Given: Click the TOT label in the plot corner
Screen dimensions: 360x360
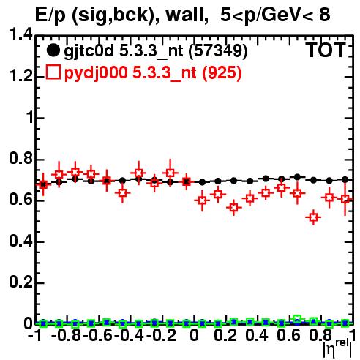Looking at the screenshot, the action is pyautogui.click(x=326, y=50).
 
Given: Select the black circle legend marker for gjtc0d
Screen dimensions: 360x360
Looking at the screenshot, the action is pyautogui.click(x=53, y=50).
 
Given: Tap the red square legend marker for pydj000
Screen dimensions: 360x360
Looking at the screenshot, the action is pyautogui.click(x=53, y=72).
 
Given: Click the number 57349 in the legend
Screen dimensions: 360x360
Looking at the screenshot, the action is pyautogui.click(x=219, y=50).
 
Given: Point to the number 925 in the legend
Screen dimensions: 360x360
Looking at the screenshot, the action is pyautogui.click(x=222, y=72).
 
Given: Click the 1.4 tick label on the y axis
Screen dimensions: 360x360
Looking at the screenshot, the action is pyautogui.click(x=21, y=34).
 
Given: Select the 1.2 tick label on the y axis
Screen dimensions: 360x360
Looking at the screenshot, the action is pyautogui.click(x=21, y=76).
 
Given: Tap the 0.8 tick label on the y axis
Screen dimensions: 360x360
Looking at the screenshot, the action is pyautogui.click(x=21, y=158).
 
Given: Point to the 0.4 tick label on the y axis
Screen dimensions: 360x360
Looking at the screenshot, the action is pyautogui.click(x=21, y=241).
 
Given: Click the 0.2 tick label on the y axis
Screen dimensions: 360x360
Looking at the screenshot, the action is pyautogui.click(x=21, y=282).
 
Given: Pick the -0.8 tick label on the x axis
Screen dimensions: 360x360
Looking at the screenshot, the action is pyautogui.click(x=67, y=335).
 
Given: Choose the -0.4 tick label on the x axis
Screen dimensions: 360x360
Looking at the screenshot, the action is pyautogui.click(x=130, y=335).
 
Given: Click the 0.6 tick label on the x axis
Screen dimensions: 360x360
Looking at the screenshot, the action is pyautogui.click(x=288, y=335).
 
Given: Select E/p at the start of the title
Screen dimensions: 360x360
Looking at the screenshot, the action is pyautogui.click(x=50, y=16).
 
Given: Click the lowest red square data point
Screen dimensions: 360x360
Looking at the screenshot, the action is pyautogui.click(x=314, y=217).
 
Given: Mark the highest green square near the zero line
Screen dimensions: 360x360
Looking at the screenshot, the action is pyautogui.click(x=297, y=318).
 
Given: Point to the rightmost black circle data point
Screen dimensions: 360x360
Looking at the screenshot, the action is pyautogui.click(x=345, y=180).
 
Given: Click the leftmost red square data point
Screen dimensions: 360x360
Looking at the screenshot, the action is pyautogui.click(x=43, y=184).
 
